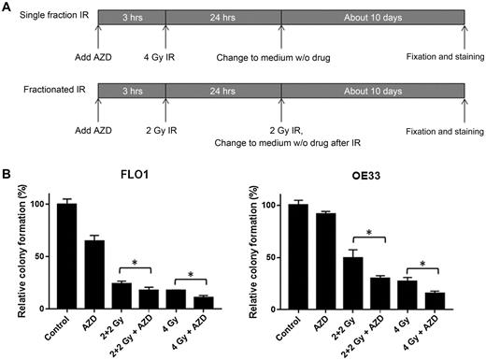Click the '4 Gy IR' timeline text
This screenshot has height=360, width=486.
click(x=164, y=58)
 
